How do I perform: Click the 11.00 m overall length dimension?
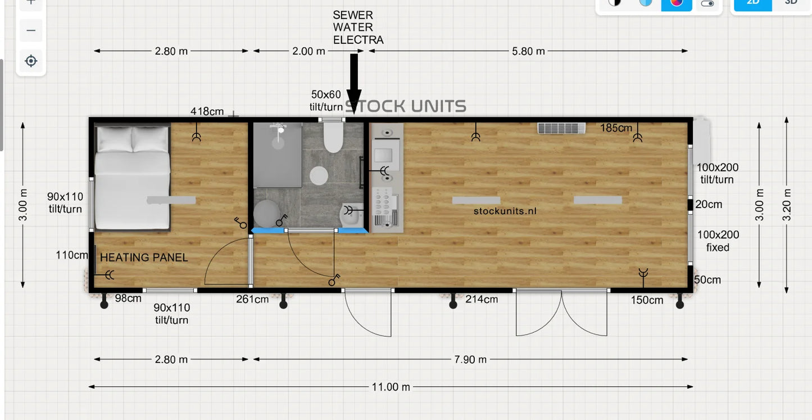[x=391, y=387]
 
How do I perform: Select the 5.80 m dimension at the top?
[x=528, y=51]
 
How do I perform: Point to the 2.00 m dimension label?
[x=309, y=51]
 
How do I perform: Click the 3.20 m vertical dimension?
[x=786, y=204]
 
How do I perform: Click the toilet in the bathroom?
[x=333, y=138]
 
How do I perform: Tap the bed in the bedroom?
[x=132, y=177]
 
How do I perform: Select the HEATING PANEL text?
[x=144, y=258]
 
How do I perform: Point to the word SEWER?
[x=353, y=15]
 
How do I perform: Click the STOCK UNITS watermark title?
[x=406, y=106]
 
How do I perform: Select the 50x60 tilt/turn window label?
[x=326, y=101]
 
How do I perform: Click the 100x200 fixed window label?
[x=718, y=241]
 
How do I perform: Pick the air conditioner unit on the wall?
[x=561, y=128]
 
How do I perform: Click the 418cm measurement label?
[x=207, y=111]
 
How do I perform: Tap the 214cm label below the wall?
[x=482, y=299]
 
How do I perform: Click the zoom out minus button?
[x=31, y=30]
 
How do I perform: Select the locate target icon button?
[x=31, y=61]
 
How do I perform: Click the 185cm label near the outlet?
[x=616, y=128]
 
